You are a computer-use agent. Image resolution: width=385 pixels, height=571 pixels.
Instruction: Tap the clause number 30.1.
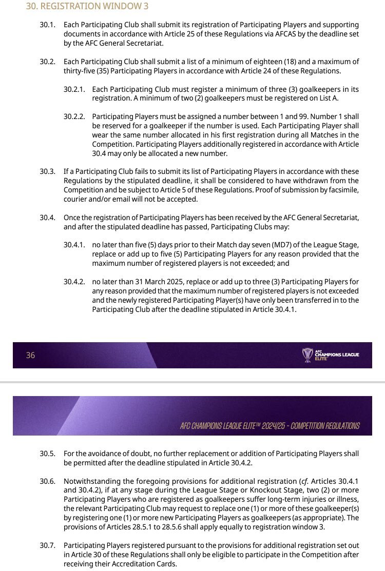pos(47,25)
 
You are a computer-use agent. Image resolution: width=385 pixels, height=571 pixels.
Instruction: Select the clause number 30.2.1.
pos(74,89)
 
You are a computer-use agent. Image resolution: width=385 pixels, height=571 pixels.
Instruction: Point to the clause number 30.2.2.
pos(74,116)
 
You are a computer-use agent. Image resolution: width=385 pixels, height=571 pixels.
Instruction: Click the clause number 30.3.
pos(47,171)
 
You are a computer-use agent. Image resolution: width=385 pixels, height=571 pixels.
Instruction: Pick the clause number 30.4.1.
pos(74,245)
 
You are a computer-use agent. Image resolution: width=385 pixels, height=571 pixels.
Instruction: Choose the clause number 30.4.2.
pos(74,282)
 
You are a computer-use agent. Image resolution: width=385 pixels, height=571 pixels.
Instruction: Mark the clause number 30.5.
pos(47,454)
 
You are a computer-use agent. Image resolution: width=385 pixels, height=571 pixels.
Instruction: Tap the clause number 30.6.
pos(47,481)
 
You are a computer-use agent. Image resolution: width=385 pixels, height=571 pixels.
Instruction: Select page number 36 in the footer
pos(30,355)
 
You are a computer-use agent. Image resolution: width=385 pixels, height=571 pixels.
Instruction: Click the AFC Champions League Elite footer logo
pos(331,355)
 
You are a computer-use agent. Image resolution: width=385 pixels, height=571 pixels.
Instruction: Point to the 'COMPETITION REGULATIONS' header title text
pos(325,426)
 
